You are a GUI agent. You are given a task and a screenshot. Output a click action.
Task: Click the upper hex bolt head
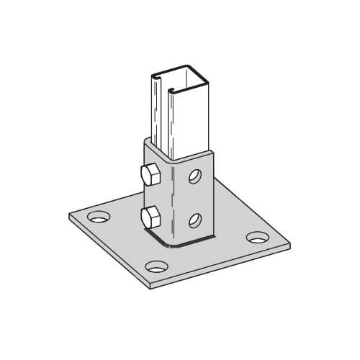150,175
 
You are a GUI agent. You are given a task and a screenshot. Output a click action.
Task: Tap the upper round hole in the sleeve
194,176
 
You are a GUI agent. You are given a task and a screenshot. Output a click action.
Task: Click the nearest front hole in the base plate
156,264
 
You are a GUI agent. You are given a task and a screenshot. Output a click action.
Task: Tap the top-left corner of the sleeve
144,141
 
